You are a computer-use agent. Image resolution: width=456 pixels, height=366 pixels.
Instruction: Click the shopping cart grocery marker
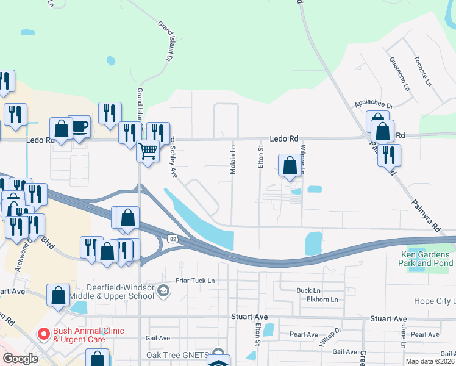[x=148, y=150]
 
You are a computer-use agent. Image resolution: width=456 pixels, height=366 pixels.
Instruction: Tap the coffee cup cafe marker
[x=79, y=127]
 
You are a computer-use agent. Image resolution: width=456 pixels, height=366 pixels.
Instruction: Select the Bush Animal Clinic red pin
[x=43, y=334]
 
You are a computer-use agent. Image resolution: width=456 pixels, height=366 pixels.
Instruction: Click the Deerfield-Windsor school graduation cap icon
[x=163, y=290]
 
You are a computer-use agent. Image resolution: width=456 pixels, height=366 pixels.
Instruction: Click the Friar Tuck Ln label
[x=194, y=281]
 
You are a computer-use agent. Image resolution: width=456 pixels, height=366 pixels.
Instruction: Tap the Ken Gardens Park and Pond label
[x=426, y=259]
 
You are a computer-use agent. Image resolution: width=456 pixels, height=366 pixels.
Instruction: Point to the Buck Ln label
[x=308, y=290]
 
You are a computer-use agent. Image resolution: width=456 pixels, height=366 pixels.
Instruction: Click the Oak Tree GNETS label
[x=177, y=355]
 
